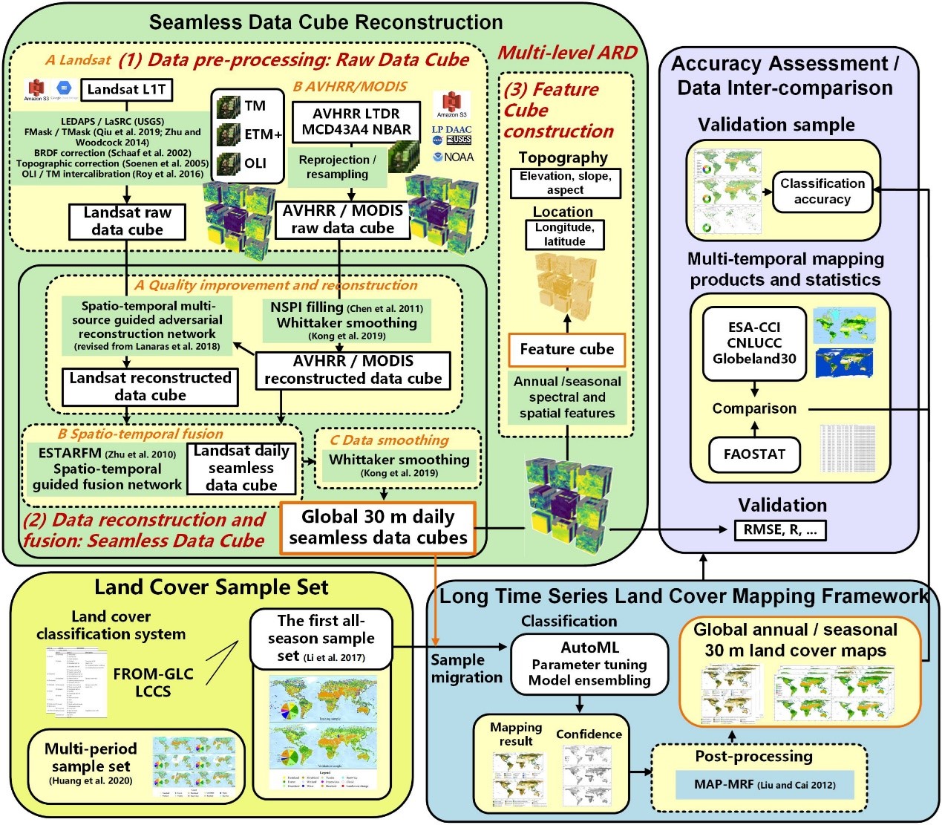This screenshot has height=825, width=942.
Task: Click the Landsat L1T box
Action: tap(126, 90)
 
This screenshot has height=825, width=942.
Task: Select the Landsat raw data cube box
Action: tap(127, 221)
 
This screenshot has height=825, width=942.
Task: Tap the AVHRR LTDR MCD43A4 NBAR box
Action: tap(356, 122)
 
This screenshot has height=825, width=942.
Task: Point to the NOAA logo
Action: tap(454, 157)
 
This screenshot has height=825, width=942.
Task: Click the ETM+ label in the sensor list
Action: tap(263, 134)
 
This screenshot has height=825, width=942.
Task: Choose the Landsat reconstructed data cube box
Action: tap(150, 387)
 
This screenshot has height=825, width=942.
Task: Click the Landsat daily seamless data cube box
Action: tap(241, 469)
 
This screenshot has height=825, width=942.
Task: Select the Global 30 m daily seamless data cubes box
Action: tap(378, 527)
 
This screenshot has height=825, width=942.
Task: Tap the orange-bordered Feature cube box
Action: tap(567, 350)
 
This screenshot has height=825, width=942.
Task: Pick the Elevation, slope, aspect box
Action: tap(565, 183)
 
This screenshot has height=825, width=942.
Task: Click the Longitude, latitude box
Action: tap(564, 235)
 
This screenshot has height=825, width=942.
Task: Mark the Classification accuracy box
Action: tap(822, 192)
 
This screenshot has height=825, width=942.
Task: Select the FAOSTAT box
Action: tap(754, 454)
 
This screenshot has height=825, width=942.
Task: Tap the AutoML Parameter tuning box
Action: tap(589, 664)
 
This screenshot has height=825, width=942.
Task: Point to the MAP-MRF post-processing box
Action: tap(764, 785)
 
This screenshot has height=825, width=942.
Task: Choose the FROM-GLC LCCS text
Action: tap(153, 682)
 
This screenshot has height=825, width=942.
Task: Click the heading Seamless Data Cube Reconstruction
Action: tap(326, 22)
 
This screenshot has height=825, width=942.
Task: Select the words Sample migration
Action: tap(466, 668)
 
